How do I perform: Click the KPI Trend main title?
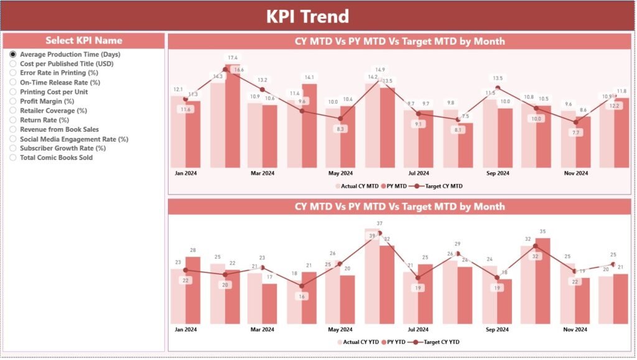[x=307, y=16]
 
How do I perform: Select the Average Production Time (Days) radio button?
[x=13, y=55]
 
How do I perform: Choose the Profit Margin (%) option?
[x=13, y=101]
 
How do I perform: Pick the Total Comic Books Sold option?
[x=13, y=158]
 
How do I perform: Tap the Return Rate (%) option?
[x=13, y=120]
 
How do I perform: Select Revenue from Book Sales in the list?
[x=13, y=129]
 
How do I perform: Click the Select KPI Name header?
[x=83, y=40]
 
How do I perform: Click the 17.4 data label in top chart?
[x=233, y=58]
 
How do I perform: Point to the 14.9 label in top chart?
[x=379, y=70]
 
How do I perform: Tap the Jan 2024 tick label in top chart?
[x=185, y=173]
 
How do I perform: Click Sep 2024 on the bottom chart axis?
[x=497, y=330]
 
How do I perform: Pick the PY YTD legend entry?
[x=396, y=342]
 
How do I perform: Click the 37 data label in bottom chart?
[x=379, y=223]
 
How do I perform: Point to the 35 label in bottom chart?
[x=542, y=231]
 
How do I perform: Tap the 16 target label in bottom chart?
[x=302, y=297]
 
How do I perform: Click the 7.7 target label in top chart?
[x=575, y=132]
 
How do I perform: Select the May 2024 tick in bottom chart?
[x=340, y=330]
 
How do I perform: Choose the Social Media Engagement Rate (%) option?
[x=13, y=139]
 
